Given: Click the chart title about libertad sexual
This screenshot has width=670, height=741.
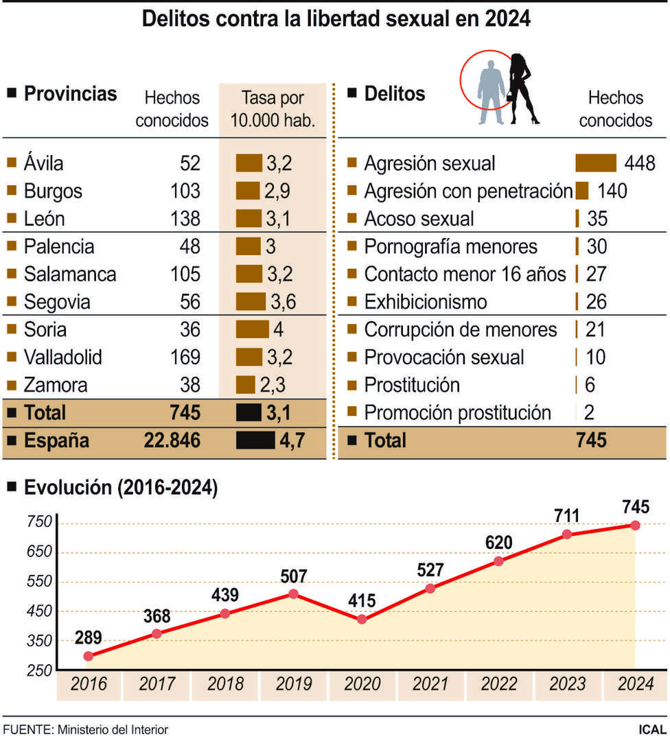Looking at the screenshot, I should [x=336, y=19].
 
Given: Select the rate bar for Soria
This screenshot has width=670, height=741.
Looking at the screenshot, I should [x=252, y=329].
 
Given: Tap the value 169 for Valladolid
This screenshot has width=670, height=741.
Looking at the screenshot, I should [x=185, y=357].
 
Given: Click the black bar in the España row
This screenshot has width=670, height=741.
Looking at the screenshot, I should [x=255, y=440].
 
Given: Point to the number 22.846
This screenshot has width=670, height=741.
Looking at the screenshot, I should [x=172, y=440].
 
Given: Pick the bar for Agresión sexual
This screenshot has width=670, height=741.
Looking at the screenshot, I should [x=595, y=163].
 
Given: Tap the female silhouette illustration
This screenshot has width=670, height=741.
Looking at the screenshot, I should [x=524, y=88].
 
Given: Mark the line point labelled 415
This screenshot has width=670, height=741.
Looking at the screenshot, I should [x=362, y=620].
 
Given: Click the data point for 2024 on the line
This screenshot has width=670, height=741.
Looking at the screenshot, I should [x=635, y=525].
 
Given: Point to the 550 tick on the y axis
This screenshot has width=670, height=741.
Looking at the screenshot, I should [x=40, y=582].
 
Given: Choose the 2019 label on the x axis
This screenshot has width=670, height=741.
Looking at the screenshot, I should [x=294, y=684].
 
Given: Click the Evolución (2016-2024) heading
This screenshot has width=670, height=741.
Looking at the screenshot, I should [x=120, y=488].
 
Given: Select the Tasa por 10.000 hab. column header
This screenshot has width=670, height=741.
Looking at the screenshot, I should [x=273, y=109].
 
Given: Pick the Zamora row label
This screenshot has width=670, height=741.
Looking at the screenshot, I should [x=55, y=385].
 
